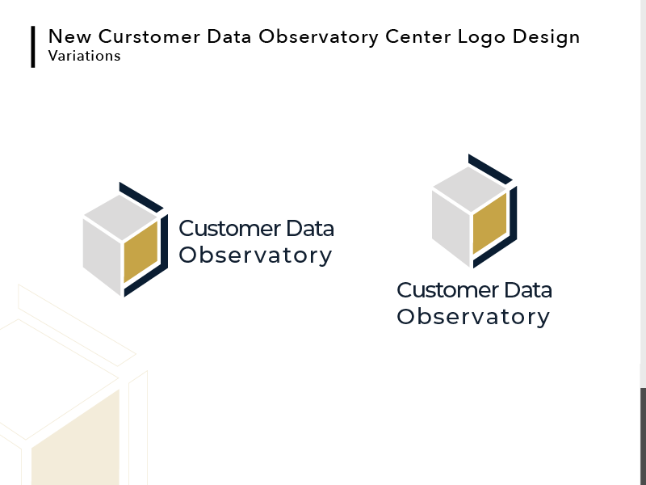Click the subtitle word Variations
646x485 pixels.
coord(84,57)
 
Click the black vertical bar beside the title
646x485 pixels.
coord(33,47)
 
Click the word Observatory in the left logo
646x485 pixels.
coord(255,255)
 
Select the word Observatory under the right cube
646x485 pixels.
coord(473,317)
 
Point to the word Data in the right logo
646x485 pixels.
coord(527,290)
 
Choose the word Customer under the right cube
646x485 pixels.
coord(448,290)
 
